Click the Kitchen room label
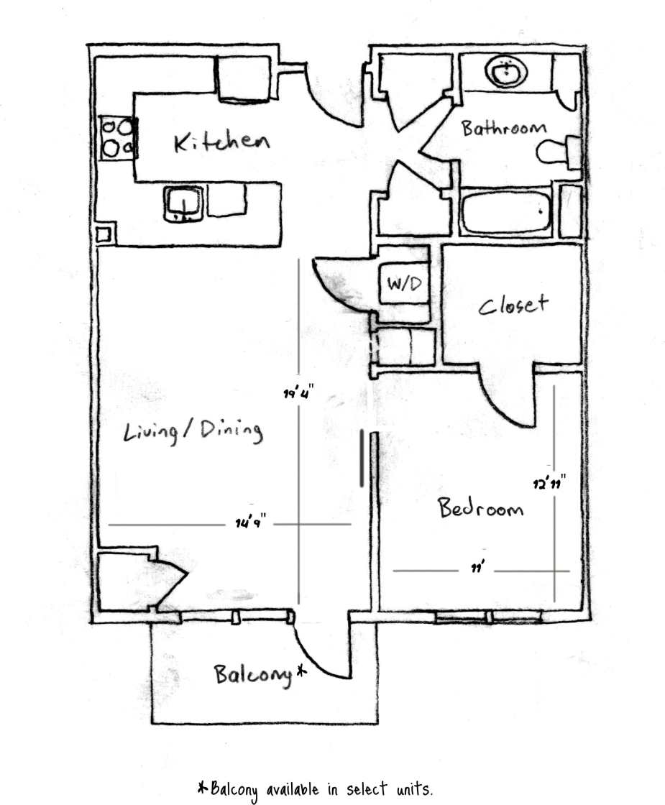(x=221, y=142)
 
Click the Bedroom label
(x=480, y=509)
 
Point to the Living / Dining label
(x=193, y=431)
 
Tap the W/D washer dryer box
(x=404, y=284)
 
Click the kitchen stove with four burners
(x=117, y=137)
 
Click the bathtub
(x=507, y=211)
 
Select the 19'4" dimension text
(x=298, y=393)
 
